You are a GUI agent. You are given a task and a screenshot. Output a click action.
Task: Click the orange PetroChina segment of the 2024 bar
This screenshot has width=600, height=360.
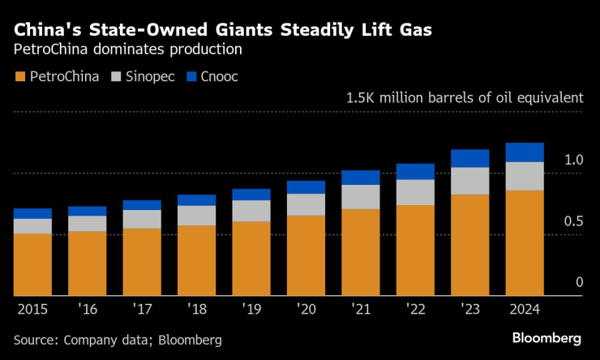tap(525, 242)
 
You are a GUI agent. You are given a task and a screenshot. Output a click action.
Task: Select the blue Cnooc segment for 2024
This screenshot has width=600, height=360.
tap(525, 152)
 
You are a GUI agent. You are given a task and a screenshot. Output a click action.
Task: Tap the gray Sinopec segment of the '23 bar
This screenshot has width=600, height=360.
tap(469, 181)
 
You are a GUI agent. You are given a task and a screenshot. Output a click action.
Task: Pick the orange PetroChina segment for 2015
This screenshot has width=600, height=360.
tap(32, 264)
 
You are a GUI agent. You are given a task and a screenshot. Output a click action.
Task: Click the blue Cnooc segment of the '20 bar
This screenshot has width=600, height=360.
tap(306, 187)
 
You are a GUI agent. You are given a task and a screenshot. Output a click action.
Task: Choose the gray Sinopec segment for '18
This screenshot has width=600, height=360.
tap(196, 216)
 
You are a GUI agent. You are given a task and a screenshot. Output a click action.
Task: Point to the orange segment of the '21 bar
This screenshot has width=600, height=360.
tap(360, 252)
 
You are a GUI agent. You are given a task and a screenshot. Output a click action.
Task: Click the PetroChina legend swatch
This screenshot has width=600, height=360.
tap(19, 77)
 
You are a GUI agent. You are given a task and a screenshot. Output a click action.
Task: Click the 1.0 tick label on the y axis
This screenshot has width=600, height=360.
tap(573, 160)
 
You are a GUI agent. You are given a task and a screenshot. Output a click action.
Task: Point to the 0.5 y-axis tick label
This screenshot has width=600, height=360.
tap(573, 221)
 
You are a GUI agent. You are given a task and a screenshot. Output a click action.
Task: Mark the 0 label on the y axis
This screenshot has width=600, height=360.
tap(579, 282)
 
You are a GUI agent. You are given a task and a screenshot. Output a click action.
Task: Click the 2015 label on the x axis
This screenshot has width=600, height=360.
tap(32, 309)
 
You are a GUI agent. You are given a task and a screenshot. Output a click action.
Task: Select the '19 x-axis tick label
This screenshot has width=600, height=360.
tap(251, 309)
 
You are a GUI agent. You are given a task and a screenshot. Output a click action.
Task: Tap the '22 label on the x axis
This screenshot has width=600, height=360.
tap(415, 309)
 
